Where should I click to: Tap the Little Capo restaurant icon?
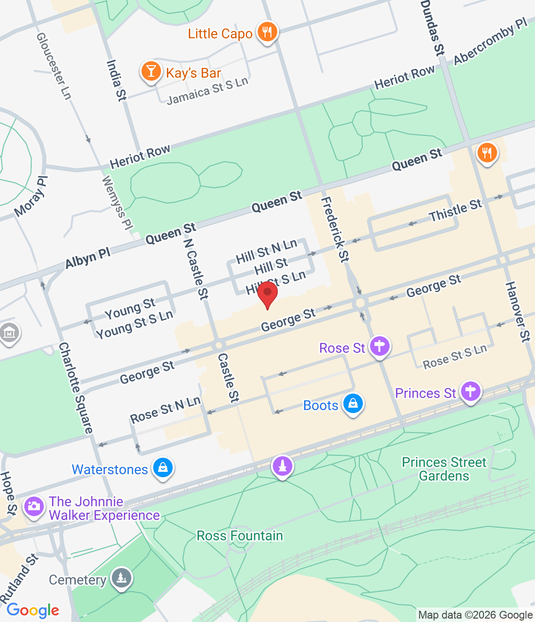tap(267, 32)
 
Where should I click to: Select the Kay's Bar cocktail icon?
tap(151, 71)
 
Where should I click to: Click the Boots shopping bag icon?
tap(353, 403)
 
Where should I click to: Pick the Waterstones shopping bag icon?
tap(163, 468)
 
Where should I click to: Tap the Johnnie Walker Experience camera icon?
tap(34, 506)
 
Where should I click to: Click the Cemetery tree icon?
tap(121, 578)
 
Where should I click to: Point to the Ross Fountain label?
tap(240, 536)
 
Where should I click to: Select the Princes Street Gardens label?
tap(444, 469)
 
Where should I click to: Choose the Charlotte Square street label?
tap(75, 388)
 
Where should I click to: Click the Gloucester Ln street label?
tap(54, 66)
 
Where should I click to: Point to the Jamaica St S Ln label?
tap(208, 90)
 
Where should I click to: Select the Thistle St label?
tap(455, 210)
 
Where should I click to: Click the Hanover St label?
tap(517, 311)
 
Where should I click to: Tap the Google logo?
tap(33, 610)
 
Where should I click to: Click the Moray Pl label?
tap(31, 197)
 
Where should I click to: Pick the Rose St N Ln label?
tap(165, 410)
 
